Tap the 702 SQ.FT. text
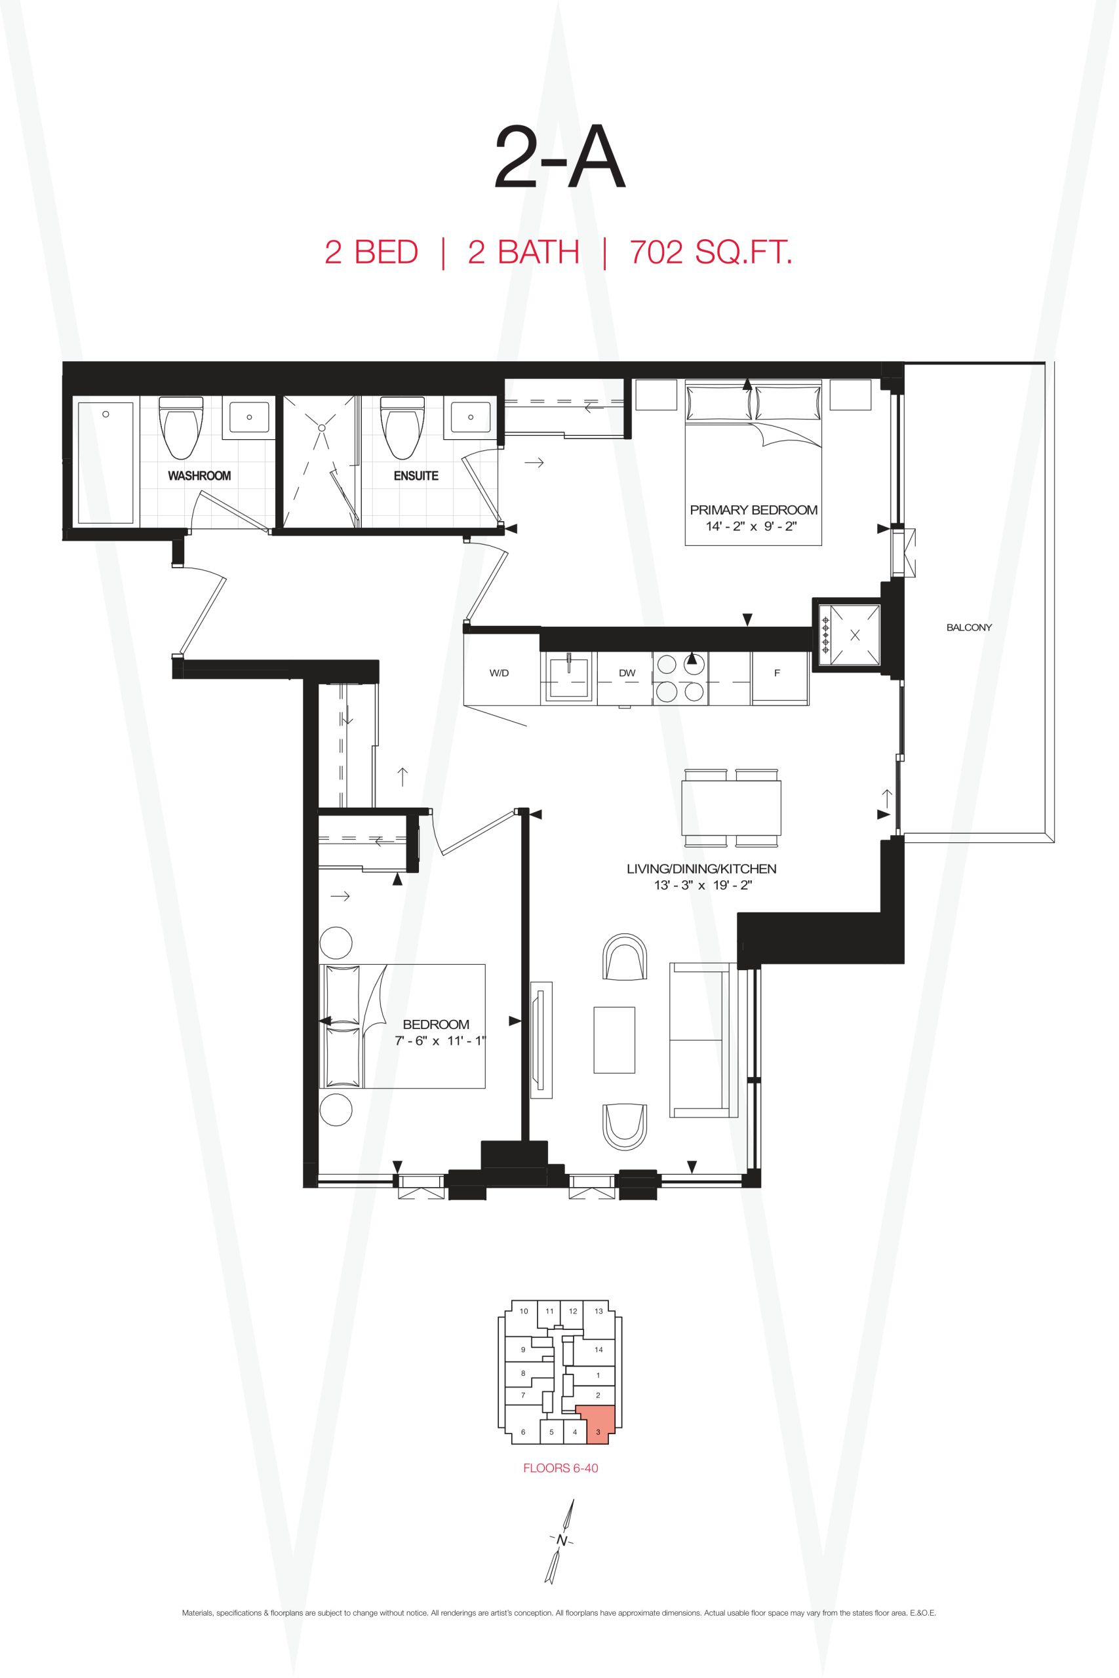[x=711, y=252]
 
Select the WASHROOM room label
[x=199, y=476]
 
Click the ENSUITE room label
[x=416, y=476]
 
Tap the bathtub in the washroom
[x=106, y=462]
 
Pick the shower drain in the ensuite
[x=322, y=427]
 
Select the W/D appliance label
[x=499, y=673]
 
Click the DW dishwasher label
[x=627, y=673]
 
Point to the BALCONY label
[x=968, y=627]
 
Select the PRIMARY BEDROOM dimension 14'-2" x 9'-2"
[x=751, y=526]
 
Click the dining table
[x=731, y=808]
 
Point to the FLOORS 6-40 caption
[x=560, y=1468]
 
